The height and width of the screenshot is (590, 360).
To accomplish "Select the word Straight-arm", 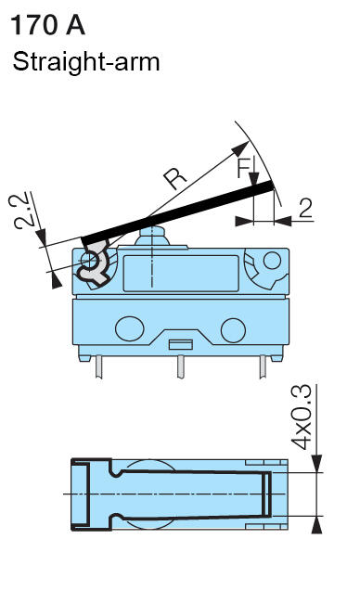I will pos(85,62).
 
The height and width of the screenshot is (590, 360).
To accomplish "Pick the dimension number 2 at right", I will pos(305,209).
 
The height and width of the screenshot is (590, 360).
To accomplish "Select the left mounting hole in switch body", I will pos(125,328).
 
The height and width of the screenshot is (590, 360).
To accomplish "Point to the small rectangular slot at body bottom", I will pos(181,344).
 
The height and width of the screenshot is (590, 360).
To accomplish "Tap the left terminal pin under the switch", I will pos(97,369).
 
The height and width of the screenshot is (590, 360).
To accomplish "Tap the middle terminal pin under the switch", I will pos(180,369).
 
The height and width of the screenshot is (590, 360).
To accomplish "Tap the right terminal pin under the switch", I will pos(264,369).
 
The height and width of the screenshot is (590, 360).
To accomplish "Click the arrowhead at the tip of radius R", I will pos(246,147).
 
